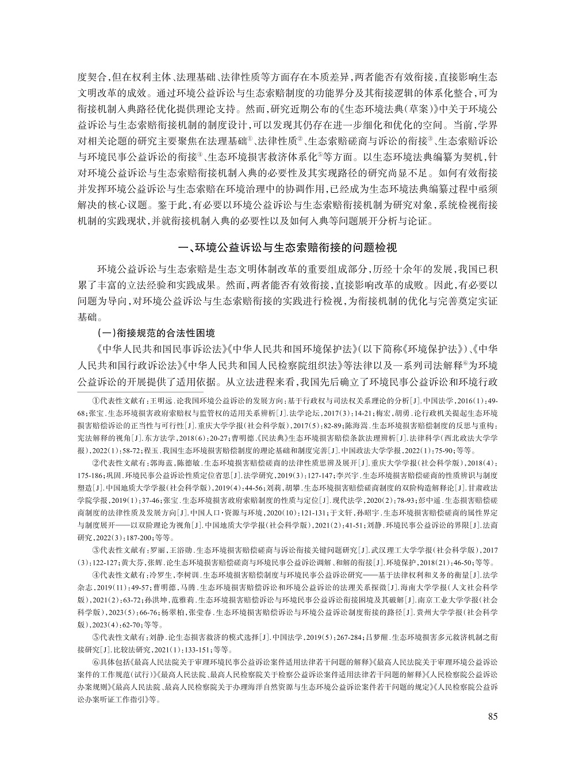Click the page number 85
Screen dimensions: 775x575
(492, 716)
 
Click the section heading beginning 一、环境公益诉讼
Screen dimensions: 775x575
(287, 249)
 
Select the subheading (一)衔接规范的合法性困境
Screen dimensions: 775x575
(155, 333)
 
